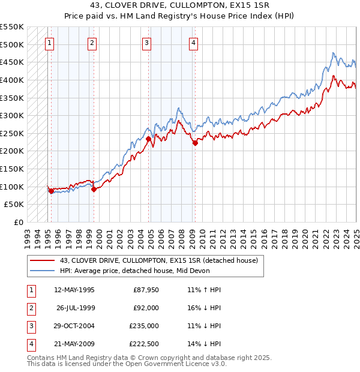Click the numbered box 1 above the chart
coord(49,42)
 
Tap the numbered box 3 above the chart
coord(147,42)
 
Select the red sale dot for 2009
coord(195,143)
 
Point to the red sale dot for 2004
coord(148,139)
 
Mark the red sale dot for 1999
coord(94,190)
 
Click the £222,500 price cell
coord(144,344)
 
